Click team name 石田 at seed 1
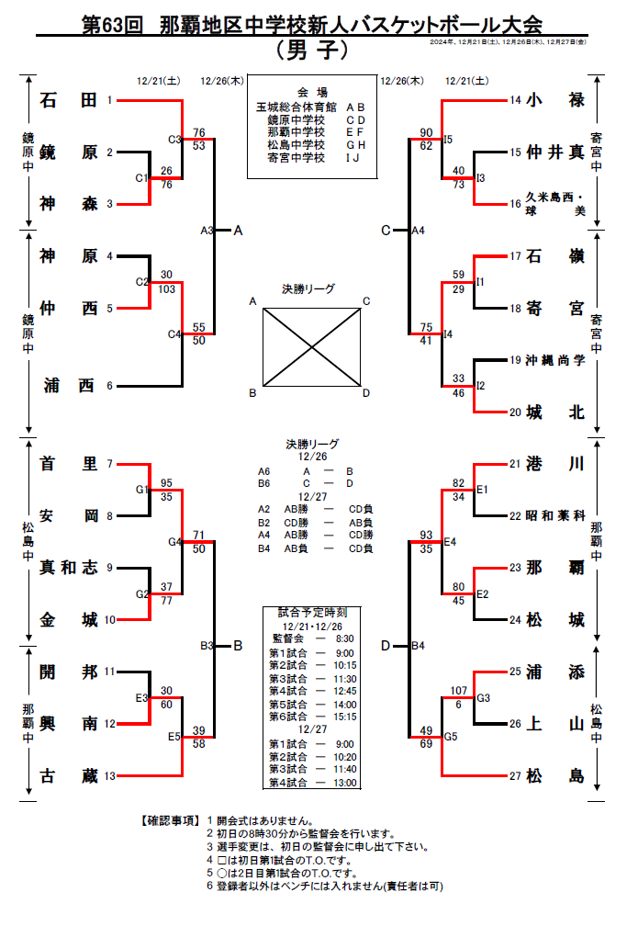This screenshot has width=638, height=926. [x=69, y=100]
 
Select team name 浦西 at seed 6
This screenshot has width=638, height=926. [x=69, y=386]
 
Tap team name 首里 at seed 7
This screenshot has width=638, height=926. [x=69, y=464]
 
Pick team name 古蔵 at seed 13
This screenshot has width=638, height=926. [x=69, y=776]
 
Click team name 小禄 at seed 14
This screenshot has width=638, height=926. [x=556, y=100]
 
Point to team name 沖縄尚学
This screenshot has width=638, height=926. [x=554, y=360]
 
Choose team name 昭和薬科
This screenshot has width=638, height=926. [x=554, y=516]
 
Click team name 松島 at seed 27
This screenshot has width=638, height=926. [x=556, y=776]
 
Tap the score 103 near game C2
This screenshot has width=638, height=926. [x=167, y=288]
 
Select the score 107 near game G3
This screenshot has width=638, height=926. [x=459, y=691]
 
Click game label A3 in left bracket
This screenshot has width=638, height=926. [x=207, y=231]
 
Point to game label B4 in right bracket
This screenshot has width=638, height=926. [x=418, y=646]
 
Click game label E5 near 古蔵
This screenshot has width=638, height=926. [x=174, y=737]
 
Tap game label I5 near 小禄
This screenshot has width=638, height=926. [x=448, y=139]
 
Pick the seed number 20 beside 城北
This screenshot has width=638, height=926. [x=515, y=412]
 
